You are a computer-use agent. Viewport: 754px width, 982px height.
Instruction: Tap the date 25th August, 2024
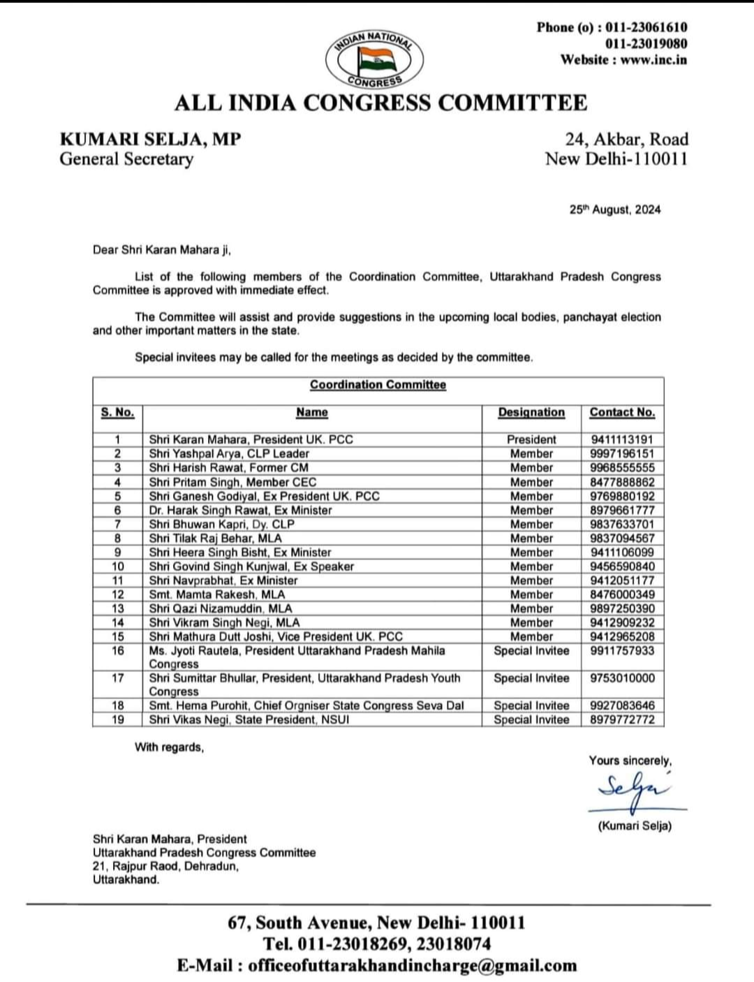[x=614, y=210]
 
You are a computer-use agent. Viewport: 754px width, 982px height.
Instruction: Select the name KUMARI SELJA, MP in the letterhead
[x=150, y=139]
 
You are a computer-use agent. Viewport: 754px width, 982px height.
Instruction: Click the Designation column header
[x=531, y=412]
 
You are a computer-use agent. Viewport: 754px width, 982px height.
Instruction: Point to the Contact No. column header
[x=622, y=412]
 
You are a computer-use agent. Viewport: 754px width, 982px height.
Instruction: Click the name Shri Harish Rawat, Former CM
[x=228, y=468]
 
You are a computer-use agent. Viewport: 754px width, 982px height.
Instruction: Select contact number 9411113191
[x=622, y=440]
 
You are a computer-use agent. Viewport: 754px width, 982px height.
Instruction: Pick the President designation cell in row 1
[x=531, y=440]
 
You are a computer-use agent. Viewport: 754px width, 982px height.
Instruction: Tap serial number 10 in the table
[x=117, y=566]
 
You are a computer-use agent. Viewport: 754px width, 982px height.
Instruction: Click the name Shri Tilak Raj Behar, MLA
[x=215, y=538]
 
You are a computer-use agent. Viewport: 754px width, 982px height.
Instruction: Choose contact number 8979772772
[x=622, y=719]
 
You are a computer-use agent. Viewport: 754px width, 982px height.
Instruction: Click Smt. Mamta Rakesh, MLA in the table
[x=216, y=594]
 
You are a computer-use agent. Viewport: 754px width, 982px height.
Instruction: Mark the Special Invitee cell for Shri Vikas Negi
[x=531, y=719]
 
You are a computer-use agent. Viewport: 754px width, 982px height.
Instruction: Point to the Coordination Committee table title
[x=378, y=385]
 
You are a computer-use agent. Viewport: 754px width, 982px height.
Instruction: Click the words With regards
[x=169, y=747]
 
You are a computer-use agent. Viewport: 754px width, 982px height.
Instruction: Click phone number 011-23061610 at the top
[x=646, y=27]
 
